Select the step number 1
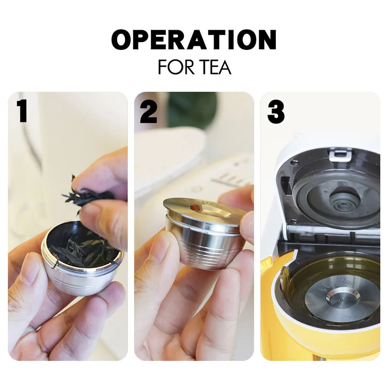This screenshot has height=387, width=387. point(22,111)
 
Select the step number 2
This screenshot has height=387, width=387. point(149,112)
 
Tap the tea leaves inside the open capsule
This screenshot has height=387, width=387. point(83,251)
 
